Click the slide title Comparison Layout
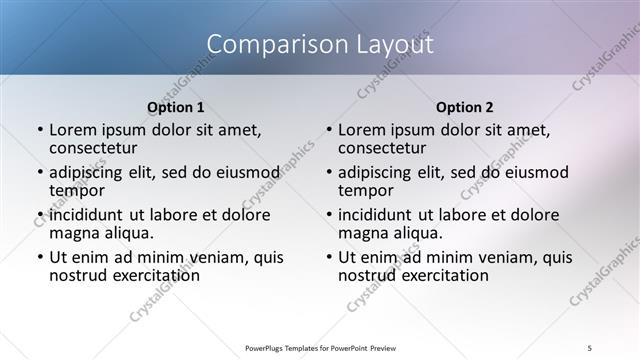click(x=320, y=44)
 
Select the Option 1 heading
click(x=175, y=107)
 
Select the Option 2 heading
click(x=464, y=107)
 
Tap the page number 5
click(x=590, y=347)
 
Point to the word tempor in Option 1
click(x=77, y=189)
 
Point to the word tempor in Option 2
click(x=366, y=189)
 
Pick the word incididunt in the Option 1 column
click(x=85, y=215)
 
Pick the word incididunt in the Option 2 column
click(x=374, y=215)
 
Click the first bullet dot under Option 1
click(x=40, y=130)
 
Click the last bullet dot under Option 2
click(x=329, y=258)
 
